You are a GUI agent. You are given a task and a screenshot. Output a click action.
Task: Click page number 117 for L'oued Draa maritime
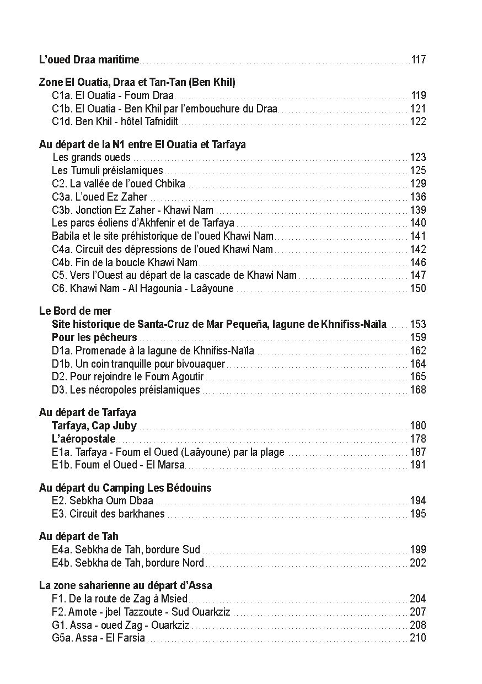[419, 60]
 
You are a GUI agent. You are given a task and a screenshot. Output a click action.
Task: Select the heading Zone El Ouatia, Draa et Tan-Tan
[137, 83]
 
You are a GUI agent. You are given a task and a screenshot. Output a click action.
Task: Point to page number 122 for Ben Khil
[418, 122]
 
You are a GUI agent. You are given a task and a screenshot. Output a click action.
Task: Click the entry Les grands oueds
[92, 158]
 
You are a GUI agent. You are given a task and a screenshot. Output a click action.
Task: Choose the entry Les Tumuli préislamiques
[108, 171]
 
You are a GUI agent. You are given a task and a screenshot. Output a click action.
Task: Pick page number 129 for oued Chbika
[418, 184]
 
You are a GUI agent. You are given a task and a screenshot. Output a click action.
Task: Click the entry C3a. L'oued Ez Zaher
[100, 197]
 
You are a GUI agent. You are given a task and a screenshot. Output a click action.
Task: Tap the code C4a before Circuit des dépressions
[61, 249]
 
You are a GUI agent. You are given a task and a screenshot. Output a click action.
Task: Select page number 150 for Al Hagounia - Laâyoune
[418, 288]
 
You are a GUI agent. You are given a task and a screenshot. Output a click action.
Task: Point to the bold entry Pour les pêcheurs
[94, 337]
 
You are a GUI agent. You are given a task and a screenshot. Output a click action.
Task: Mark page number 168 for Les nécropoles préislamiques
[418, 390]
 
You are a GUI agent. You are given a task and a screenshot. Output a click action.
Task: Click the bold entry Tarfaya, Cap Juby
[94, 426]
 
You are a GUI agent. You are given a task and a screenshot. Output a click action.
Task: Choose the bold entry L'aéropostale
[84, 439]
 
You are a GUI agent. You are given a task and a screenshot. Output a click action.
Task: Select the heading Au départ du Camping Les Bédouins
[125, 488]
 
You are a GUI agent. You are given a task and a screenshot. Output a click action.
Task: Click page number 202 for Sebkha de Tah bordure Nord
[418, 563]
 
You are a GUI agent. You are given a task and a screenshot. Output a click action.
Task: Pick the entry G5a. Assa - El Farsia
[98, 638]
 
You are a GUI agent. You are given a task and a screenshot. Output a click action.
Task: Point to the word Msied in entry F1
[176, 599]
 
